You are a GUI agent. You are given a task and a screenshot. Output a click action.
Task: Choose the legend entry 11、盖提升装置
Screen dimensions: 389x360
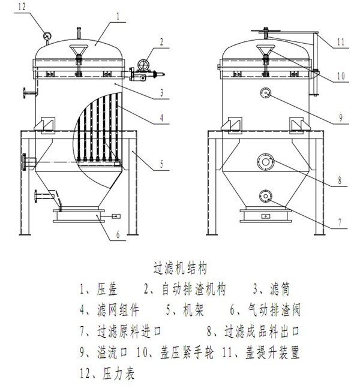pos(263,352)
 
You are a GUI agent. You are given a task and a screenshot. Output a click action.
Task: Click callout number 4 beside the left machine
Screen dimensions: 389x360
pos(161,119)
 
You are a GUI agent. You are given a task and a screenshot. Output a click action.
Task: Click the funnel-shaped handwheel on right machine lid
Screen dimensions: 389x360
pos(265,50)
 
